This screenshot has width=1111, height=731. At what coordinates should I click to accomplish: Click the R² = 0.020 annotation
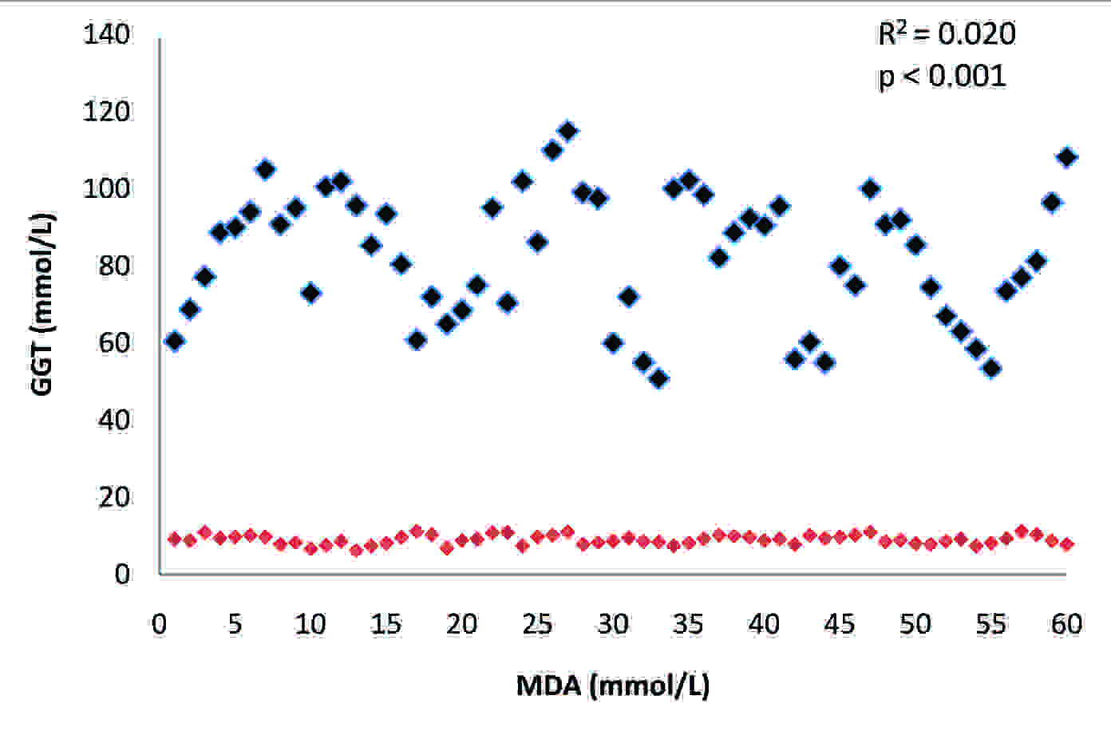[x=947, y=34]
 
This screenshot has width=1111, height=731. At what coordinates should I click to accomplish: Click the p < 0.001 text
[x=942, y=77]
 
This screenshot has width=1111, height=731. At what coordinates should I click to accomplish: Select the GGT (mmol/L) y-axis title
[x=42, y=303]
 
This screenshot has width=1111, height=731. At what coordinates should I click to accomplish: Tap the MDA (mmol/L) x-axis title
[x=613, y=686]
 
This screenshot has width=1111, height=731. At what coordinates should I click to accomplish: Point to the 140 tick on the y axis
[x=107, y=35]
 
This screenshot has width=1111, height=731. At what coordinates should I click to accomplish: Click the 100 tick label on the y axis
[x=107, y=189]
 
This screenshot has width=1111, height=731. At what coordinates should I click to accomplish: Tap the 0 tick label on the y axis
[x=121, y=574]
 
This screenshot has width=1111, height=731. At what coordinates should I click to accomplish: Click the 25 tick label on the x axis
[x=537, y=624]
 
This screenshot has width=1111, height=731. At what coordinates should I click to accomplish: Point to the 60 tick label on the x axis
[x=1066, y=624]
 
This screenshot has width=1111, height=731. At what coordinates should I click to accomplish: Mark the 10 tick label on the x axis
[x=310, y=624]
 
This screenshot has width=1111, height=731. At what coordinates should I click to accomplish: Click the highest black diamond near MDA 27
[x=567, y=131]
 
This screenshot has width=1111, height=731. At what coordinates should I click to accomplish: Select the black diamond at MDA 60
[x=1066, y=157]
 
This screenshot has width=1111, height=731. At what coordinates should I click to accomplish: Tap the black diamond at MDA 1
[x=175, y=341]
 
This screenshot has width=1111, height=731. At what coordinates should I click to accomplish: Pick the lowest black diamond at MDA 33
[x=658, y=379]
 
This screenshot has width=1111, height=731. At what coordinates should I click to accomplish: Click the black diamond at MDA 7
[x=265, y=169]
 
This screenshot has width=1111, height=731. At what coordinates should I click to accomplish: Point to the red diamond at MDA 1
[x=175, y=539]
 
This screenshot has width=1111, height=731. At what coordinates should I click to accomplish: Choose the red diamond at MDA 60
[x=1066, y=544]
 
